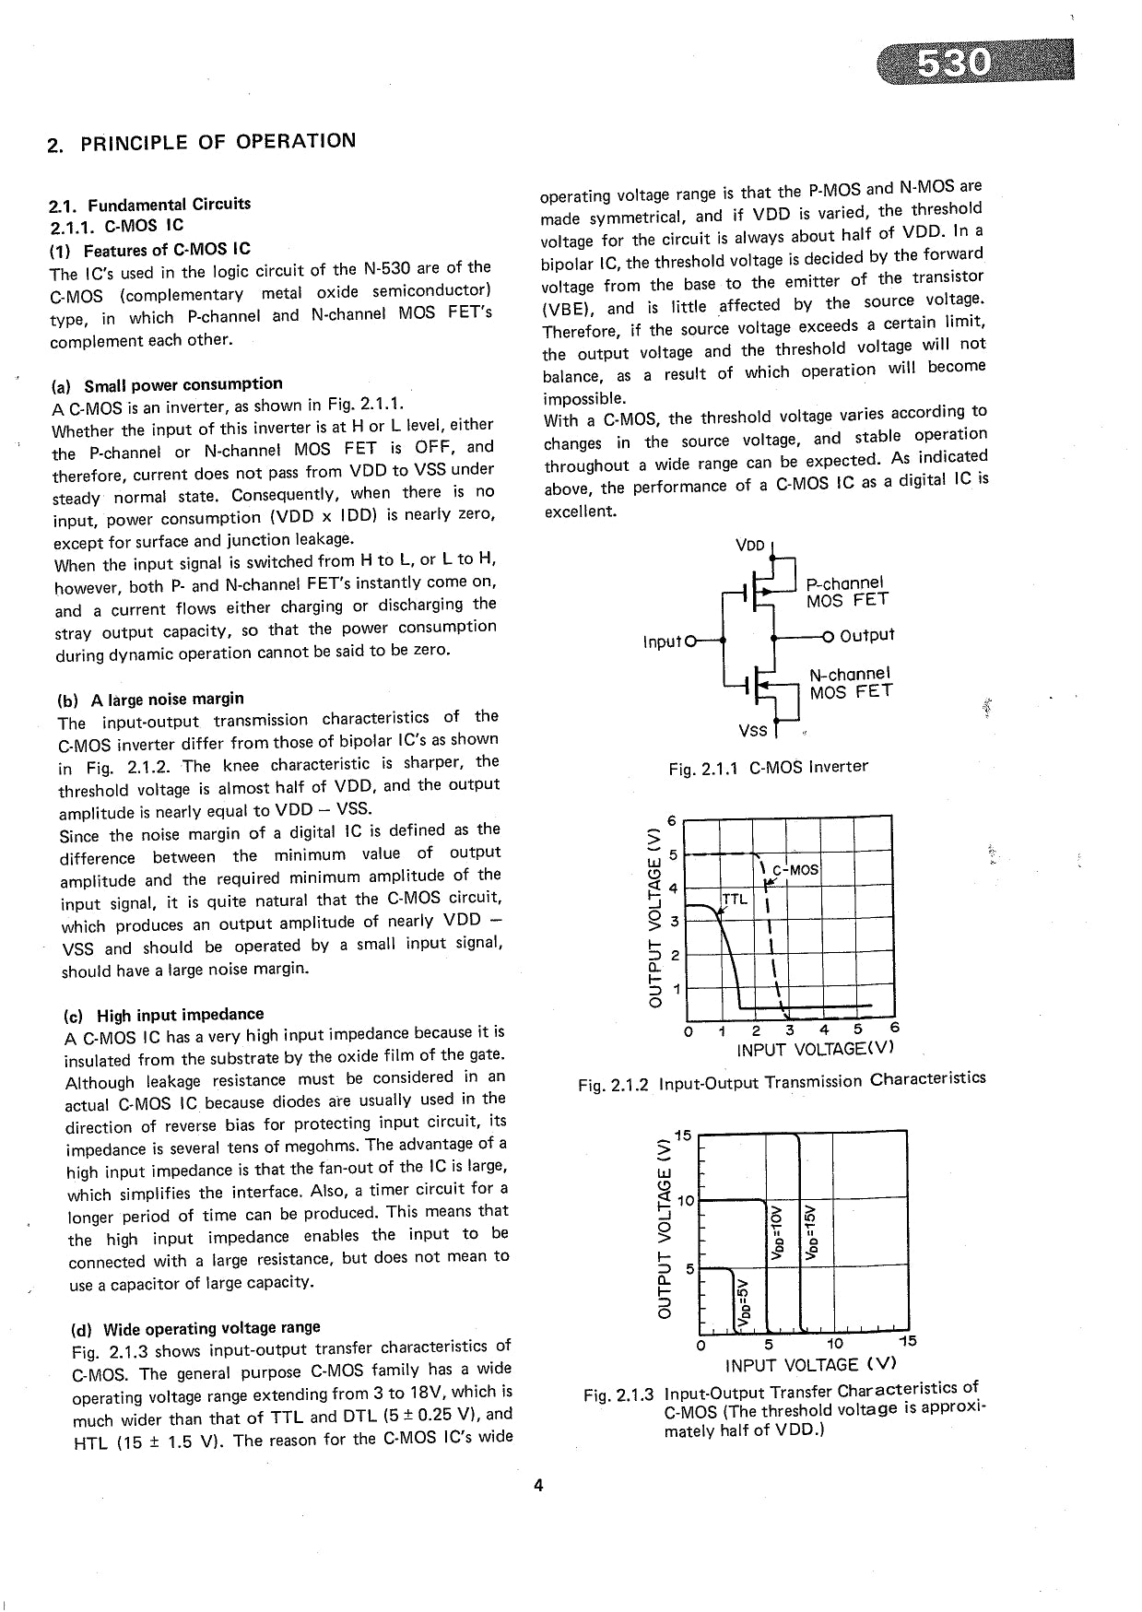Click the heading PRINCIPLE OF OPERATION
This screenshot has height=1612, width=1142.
201,142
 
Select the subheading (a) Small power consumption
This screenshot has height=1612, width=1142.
171,383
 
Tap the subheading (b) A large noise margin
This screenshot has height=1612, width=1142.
150,698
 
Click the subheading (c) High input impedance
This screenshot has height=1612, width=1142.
163,1015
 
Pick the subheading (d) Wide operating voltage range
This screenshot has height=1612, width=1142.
195,1328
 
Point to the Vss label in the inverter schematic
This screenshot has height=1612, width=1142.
752,730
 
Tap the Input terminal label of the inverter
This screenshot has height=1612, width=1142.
662,641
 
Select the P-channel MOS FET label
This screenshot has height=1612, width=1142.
846,592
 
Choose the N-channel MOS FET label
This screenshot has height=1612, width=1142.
850,683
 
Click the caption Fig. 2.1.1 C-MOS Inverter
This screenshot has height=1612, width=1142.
768,767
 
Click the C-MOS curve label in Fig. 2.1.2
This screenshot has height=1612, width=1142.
795,869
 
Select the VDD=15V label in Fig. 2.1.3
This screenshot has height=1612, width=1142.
812,1231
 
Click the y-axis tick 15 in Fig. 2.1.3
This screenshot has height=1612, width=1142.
682,1133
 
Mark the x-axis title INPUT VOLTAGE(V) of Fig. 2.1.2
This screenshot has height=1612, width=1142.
815,1050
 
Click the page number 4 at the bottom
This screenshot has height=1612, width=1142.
539,1485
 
